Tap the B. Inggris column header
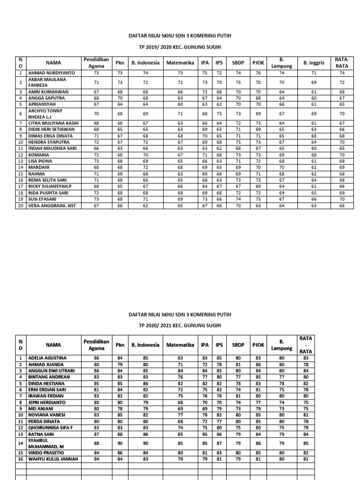314,63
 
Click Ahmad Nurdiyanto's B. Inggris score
314,73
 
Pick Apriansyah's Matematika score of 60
180,104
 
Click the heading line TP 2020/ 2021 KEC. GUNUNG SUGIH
180,325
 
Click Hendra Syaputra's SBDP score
238,142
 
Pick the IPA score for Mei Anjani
204,408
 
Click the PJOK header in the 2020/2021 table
258,345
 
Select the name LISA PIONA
40,161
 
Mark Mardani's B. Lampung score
282,167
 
